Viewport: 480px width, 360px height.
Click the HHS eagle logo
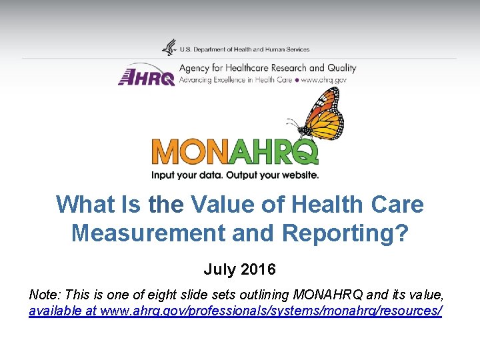pyautogui.click(x=169, y=48)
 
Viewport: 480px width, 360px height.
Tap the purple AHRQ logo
pyautogui.click(x=147, y=75)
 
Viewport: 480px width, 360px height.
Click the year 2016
pyautogui.click(x=259, y=270)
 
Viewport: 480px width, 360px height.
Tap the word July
pyautogui.click(x=219, y=270)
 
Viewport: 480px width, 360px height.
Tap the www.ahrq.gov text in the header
pyautogui.click(x=324, y=80)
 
